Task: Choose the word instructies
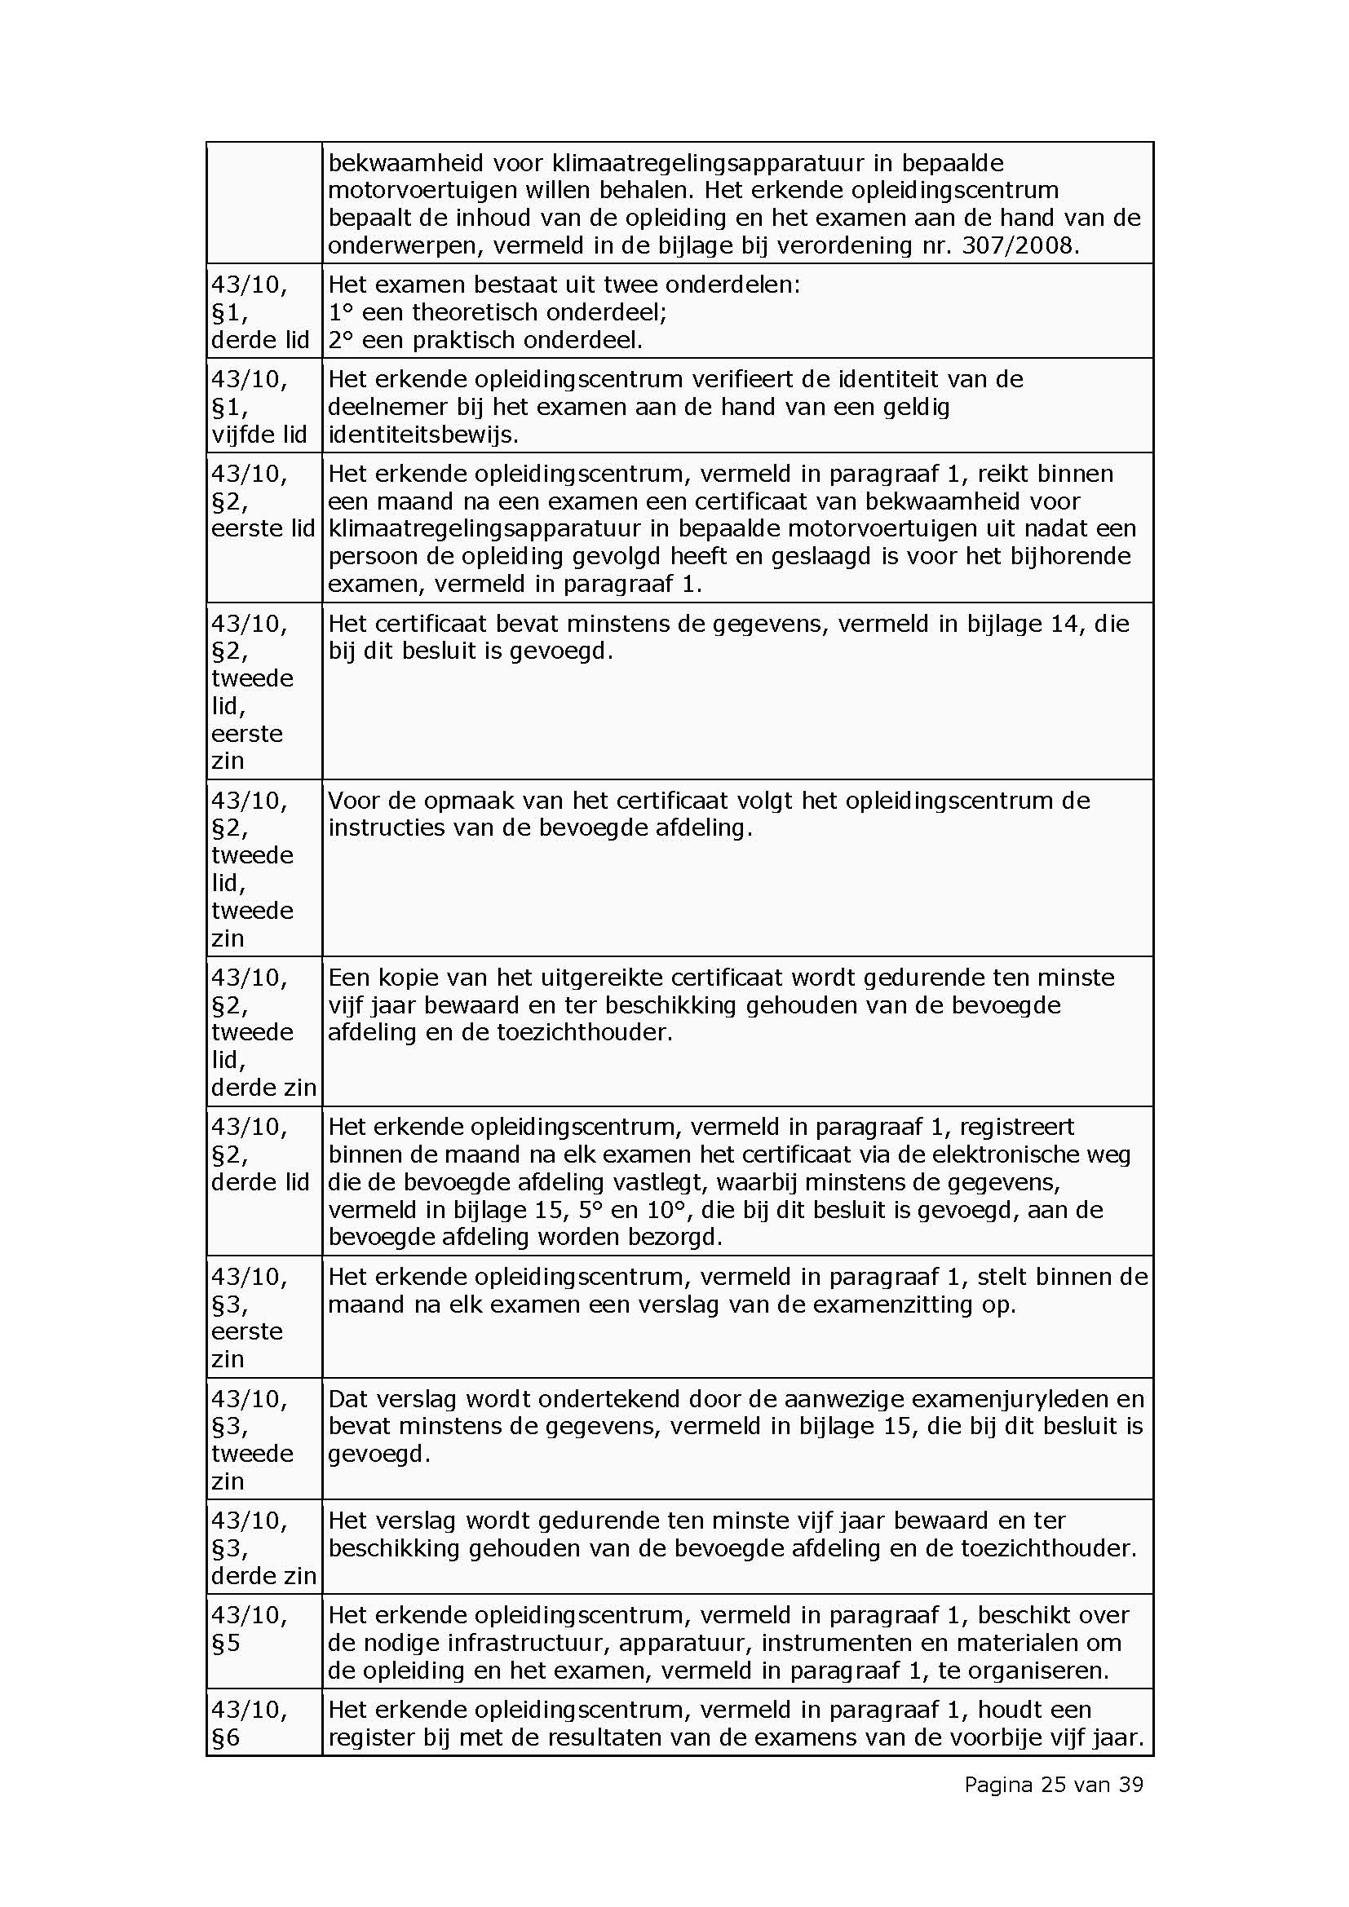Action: click(x=387, y=828)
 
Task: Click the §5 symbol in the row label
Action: click(x=226, y=1643)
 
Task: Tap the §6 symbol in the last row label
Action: click(x=226, y=1737)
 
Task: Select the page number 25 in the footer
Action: click(x=1050, y=1784)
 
